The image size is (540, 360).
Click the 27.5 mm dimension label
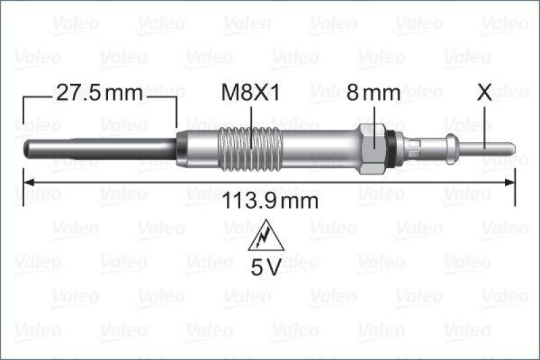[x=99, y=93]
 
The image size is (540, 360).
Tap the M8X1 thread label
[x=251, y=93]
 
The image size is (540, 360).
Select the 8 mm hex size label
[x=373, y=93]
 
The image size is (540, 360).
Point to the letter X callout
[x=485, y=93]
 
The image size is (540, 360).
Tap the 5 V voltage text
[x=267, y=267]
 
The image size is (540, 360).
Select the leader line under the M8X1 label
[x=251, y=125]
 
